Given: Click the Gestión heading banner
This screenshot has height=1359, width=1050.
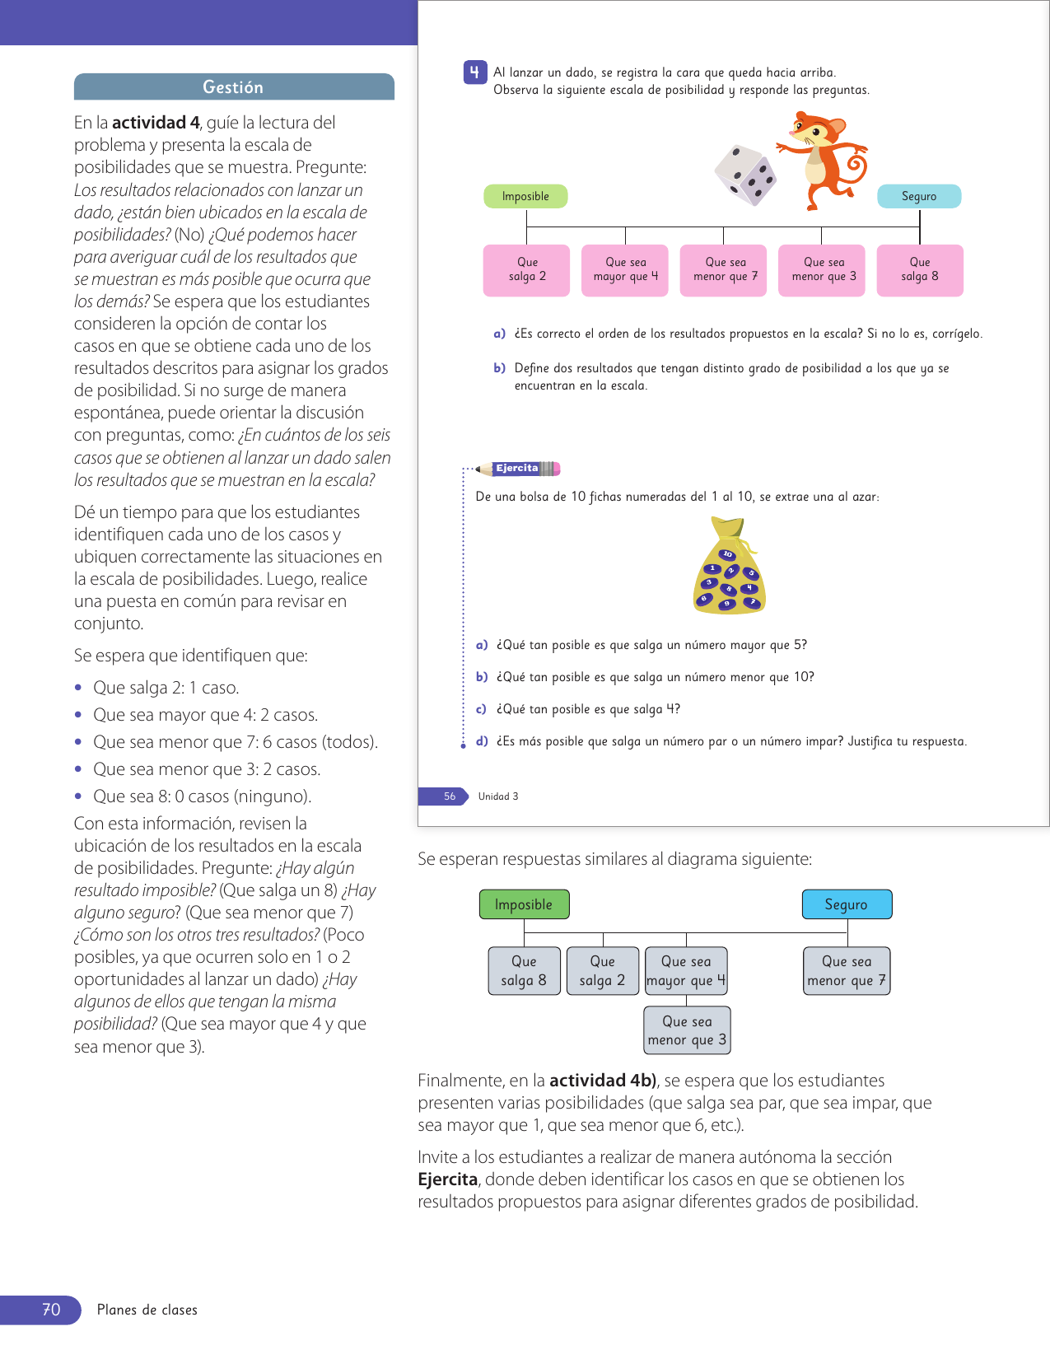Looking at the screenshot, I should pos(234,87).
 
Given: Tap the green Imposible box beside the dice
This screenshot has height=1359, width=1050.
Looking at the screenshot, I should pos(525,196).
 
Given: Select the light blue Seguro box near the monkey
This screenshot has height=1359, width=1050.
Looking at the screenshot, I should pos(919,196).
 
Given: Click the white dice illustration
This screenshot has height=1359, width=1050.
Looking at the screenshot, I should pos(745,175).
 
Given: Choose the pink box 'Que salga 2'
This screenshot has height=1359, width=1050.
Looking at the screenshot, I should pos(527,270).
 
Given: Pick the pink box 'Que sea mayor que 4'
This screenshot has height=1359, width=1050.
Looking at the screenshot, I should pos(626,270).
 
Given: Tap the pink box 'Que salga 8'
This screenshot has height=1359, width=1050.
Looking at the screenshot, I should pos(920,270).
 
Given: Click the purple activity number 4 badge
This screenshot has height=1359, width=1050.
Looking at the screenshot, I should pos(474,72).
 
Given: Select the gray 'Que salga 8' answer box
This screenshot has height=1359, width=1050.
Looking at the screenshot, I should pos(524,971).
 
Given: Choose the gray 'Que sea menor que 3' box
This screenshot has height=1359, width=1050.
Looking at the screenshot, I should pos(687,1030).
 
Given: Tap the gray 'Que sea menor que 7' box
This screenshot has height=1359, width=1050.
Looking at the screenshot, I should pos(847,971).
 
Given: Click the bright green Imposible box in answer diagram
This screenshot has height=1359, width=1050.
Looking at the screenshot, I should pos(524,904).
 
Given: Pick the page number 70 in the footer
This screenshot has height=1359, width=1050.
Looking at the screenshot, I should pos(51,1310).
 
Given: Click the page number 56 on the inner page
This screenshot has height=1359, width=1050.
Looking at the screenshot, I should pos(450,796).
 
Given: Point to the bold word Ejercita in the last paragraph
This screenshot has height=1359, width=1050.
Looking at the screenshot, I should pos(447,1179).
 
